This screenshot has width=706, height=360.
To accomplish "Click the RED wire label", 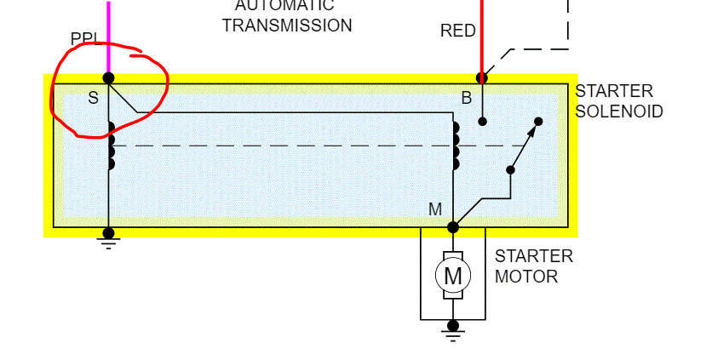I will (x=457, y=31).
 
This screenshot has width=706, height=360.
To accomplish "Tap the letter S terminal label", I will (x=93, y=98).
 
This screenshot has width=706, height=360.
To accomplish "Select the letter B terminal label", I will (x=466, y=98).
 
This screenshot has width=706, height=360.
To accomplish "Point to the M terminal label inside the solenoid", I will (x=435, y=209).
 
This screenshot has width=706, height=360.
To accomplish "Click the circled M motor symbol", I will (x=453, y=276).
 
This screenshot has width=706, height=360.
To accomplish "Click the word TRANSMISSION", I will (x=287, y=26).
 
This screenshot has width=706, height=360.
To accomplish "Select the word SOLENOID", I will (x=619, y=111).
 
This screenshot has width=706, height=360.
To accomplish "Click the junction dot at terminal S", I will (x=109, y=78).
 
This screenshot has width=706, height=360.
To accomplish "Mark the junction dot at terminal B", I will (x=482, y=78).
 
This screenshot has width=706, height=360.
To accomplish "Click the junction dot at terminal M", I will (x=453, y=227).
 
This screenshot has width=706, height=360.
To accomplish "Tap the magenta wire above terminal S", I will (x=109, y=34).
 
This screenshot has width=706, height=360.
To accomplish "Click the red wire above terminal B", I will (x=482, y=34).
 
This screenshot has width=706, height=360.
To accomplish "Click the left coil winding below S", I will (x=111, y=146).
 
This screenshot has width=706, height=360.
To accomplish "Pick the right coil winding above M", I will (x=455, y=145).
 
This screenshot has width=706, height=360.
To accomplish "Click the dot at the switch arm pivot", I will (x=510, y=170).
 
